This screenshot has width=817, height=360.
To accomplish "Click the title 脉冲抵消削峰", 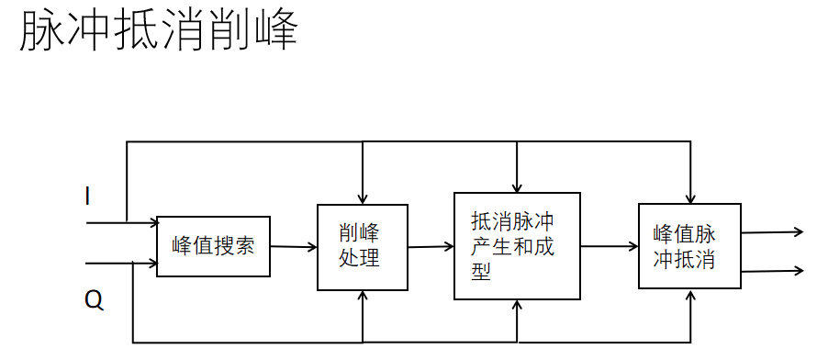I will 158,33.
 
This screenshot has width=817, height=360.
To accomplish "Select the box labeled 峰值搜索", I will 213,246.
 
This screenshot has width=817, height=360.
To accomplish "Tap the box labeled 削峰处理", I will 363,246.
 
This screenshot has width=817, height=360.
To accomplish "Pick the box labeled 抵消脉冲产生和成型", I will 517,246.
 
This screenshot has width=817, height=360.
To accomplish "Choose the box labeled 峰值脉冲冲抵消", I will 688,246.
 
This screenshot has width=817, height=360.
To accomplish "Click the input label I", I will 87,196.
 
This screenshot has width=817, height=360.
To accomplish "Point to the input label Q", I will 94,299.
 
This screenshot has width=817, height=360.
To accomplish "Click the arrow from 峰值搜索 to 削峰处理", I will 293,246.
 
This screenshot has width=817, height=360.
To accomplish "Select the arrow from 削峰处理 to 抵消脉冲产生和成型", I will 431,246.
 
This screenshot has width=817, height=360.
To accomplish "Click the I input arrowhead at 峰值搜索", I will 152,222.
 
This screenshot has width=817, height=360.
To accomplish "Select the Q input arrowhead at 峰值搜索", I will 152,264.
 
